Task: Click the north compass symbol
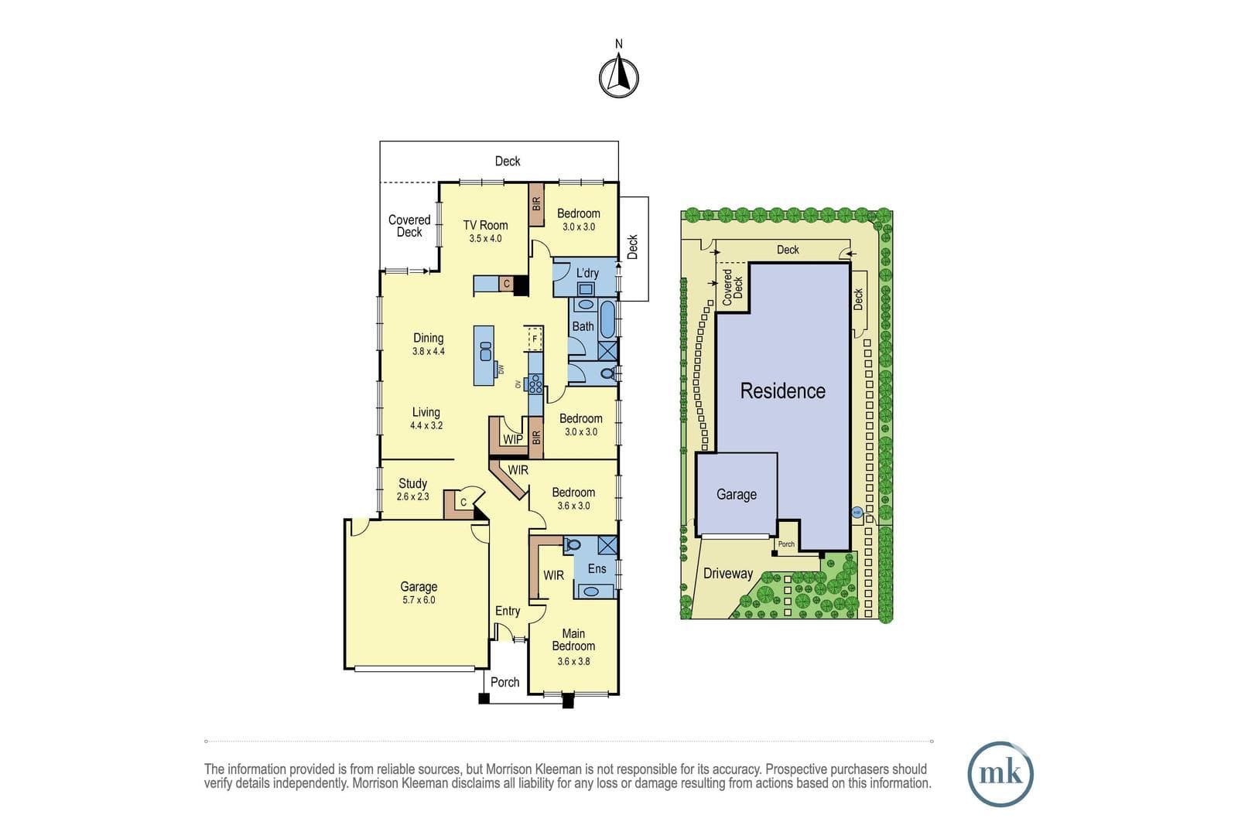click(619, 77)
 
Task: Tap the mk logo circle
click(1001, 774)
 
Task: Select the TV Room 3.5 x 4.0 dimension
click(485, 239)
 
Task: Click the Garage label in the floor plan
click(419, 587)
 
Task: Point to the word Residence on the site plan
click(782, 391)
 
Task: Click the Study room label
click(413, 483)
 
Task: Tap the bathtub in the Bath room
click(607, 319)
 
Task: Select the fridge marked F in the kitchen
click(535, 339)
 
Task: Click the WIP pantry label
click(513, 439)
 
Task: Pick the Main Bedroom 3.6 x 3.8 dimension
click(573, 661)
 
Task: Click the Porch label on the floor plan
click(505, 682)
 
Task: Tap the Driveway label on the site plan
click(728, 573)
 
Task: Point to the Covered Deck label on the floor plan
click(409, 226)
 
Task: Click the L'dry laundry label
click(587, 273)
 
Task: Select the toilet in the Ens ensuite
click(572, 545)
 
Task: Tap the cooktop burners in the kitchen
click(535, 384)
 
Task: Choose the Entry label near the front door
click(508, 611)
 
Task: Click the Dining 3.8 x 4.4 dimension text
click(429, 351)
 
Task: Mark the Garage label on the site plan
click(737, 494)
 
